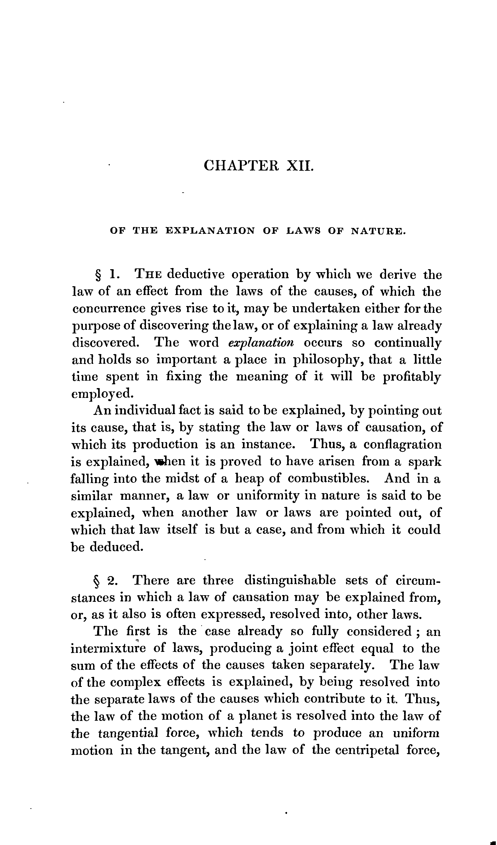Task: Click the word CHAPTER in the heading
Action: (241, 166)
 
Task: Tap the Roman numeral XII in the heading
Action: (300, 166)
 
